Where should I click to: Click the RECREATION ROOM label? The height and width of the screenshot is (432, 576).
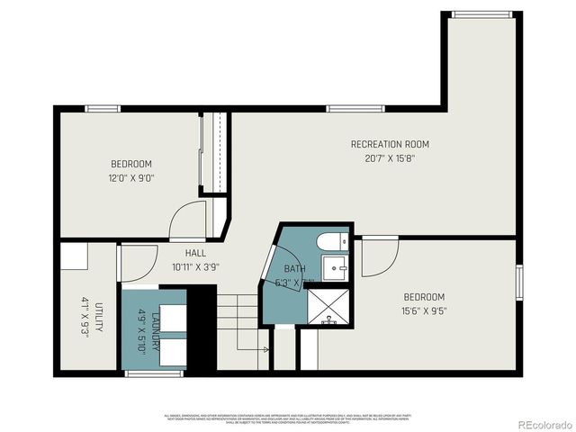click(x=390, y=144)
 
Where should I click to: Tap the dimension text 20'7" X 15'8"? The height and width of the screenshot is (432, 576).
click(x=390, y=157)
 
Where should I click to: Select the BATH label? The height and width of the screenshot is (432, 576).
click(x=295, y=269)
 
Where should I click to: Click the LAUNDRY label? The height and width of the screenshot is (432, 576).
click(x=157, y=322)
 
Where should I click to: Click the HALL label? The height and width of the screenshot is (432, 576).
click(x=195, y=254)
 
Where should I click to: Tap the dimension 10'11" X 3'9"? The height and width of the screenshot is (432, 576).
click(x=195, y=266)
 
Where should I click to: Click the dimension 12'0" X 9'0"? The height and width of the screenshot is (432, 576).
click(x=131, y=177)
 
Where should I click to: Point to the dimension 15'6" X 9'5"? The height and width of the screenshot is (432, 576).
click(x=424, y=310)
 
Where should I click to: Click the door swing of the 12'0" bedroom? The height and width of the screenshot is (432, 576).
click(x=192, y=219)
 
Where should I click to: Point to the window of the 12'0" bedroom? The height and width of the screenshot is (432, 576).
click(x=103, y=109)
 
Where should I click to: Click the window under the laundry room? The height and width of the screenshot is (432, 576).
click(x=155, y=372)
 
